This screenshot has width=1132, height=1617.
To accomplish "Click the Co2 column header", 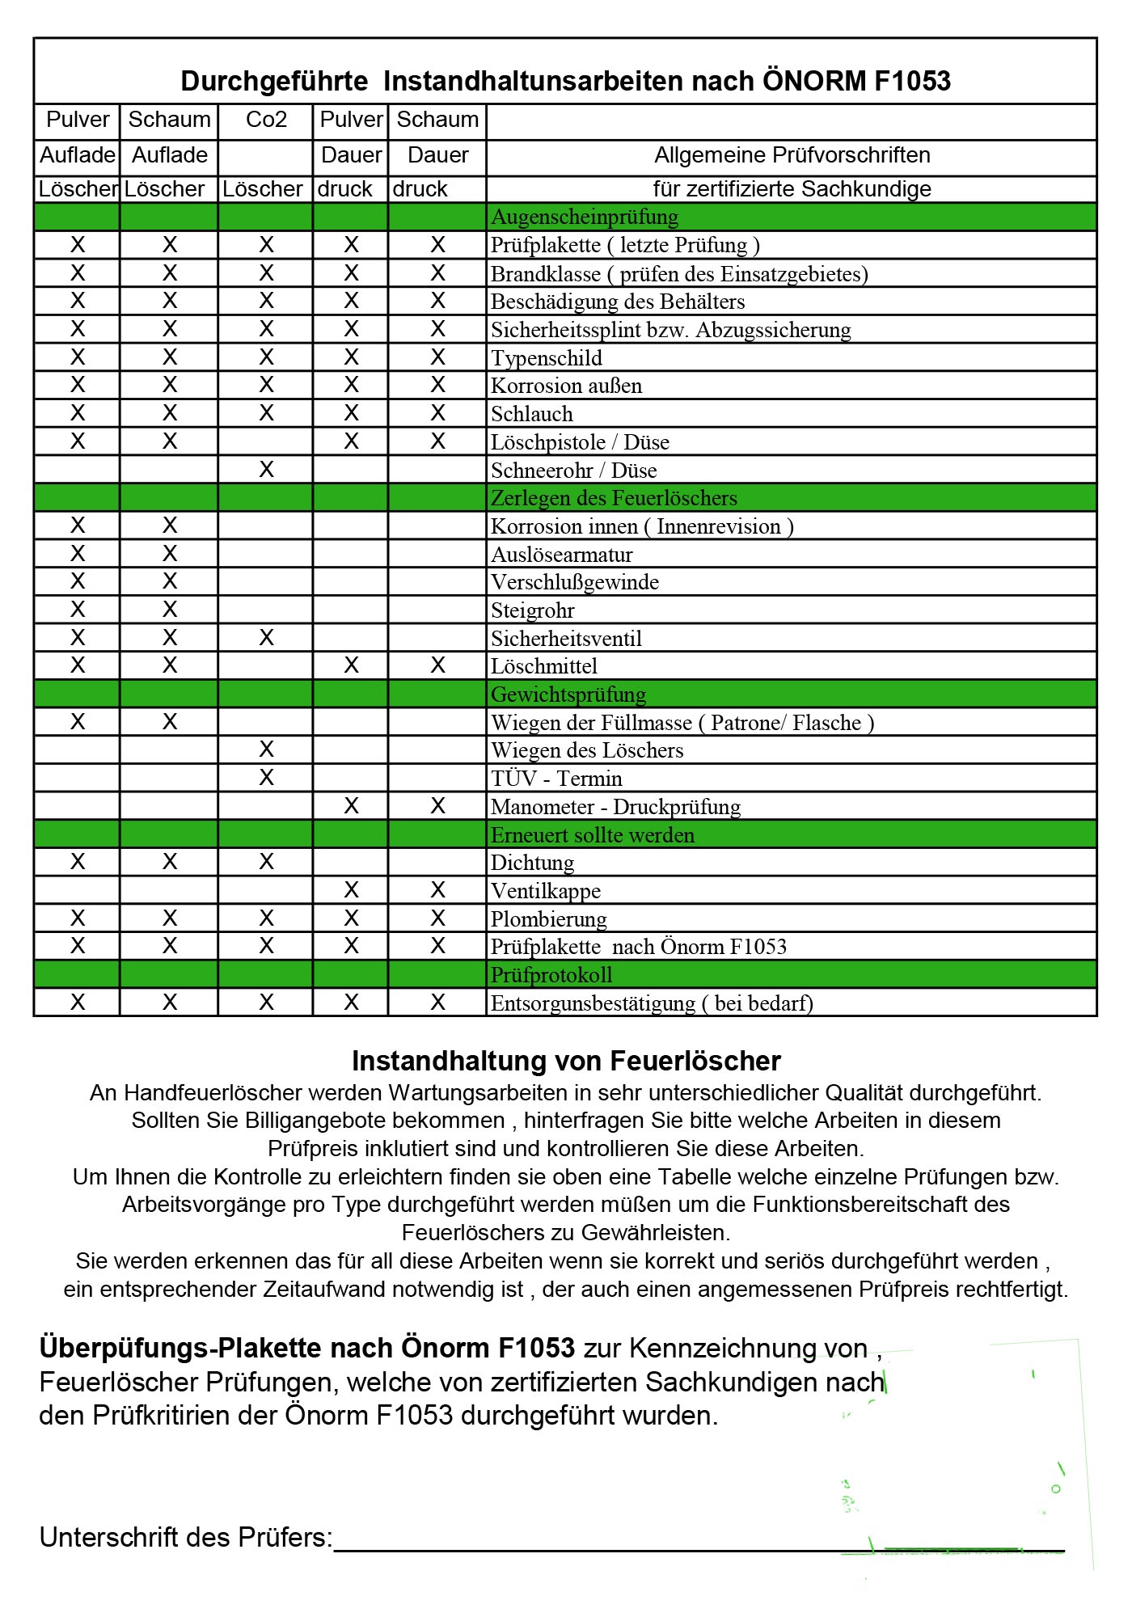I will pyautogui.click(x=266, y=120).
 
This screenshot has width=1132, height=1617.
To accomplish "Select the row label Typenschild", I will pyautogui.click(x=547, y=358).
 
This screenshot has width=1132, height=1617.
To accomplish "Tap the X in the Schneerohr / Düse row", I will pyautogui.click(x=266, y=470).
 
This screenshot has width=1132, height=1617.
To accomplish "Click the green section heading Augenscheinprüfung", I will pyautogui.click(x=585, y=217).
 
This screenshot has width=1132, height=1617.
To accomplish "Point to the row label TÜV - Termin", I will pyautogui.click(x=556, y=779).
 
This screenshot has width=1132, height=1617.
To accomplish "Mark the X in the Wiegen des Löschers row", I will pyautogui.click(x=266, y=749).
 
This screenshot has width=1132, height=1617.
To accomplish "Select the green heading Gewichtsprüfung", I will pyautogui.click(x=568, y=695).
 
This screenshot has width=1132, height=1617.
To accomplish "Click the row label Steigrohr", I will pyautogui.click(x=533, y=610).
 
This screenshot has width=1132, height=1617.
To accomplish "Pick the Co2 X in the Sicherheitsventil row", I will pyautogui.click(x=266, y=638).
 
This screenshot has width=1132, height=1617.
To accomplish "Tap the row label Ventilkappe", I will pyautogui.click(x=546, y=891).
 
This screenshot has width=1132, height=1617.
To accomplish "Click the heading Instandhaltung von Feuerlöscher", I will pyautogui.click(x=566, y=1061).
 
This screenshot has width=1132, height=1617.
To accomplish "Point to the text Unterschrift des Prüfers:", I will pyautogui.click(x=186, y=1537).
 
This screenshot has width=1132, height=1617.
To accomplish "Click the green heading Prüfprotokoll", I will pyautogui.click(x=551, y=975).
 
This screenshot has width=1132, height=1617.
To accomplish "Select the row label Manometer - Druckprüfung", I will pyautogui.click(x=615, y=807).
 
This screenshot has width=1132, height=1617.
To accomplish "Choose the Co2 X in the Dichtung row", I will pyautogui.click(x=266, y=862).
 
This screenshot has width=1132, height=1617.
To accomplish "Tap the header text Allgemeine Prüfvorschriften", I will pyautogui.click(x=792, y=155).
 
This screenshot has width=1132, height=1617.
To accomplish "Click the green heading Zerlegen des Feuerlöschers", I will pyautogui.click(x=614, y=498).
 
